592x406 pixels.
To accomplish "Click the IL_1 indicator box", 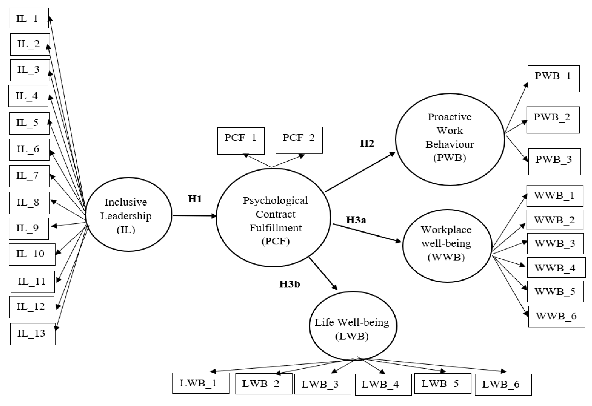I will (28, 18).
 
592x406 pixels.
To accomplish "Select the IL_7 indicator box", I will (29, 176).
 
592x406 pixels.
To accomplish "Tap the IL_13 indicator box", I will (33, 334).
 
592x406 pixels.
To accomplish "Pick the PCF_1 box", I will (241, 141).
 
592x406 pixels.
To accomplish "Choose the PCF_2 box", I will (299, 140).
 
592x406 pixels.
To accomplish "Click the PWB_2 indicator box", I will (553, 120).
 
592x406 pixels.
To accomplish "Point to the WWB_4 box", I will (556, 267).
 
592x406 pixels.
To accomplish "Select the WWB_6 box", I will (556, 316).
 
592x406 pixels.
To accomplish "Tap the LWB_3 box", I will (323, 384).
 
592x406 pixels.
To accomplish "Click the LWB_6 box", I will (503, 384).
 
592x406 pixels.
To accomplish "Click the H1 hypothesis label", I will (195, 199).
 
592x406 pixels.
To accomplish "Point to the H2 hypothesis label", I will (367, 143).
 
